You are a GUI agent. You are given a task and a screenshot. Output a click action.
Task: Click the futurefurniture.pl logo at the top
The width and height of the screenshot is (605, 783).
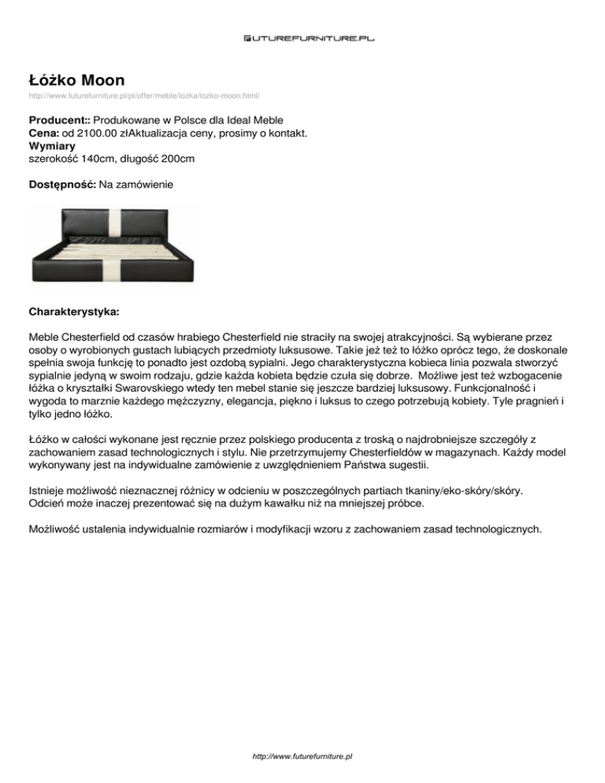(x=302, y=37)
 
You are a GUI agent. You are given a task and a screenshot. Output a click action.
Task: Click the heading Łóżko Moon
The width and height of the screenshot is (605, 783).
(x=76, y=80)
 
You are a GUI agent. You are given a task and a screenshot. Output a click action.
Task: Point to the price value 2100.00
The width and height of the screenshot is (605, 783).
(x=90, y=135)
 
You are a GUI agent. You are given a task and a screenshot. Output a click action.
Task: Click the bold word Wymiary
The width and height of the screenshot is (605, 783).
(x=51, y=147)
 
